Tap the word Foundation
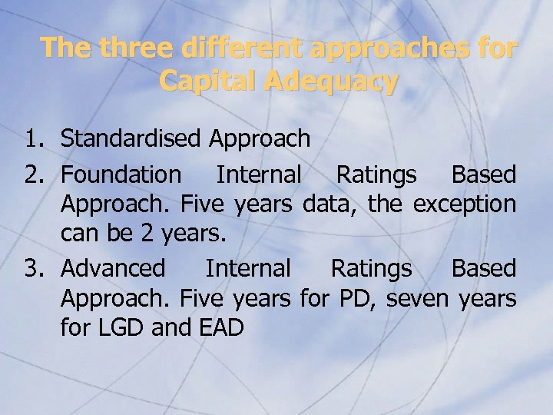pos(121,175)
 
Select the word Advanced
pos(113,268)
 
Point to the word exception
pos(465,204)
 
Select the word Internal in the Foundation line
pos(259,175)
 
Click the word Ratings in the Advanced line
pos(371,269)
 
